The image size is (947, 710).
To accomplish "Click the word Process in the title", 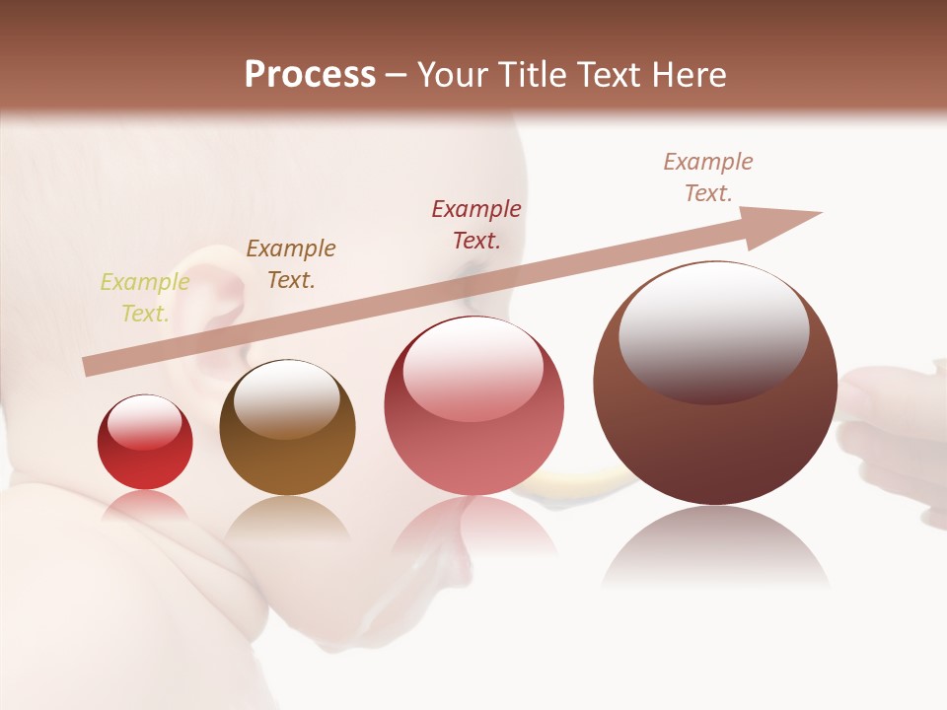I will coord(310,75).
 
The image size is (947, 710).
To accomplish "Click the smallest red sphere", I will coord(145,443).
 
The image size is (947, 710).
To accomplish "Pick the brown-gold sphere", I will coord(287,428).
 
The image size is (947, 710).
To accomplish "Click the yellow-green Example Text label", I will coord(144,298).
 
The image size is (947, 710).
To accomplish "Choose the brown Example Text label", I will coord(291,264).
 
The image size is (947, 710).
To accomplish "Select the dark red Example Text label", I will coord(476,225).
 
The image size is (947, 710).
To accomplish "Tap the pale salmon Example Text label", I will coord(708,177).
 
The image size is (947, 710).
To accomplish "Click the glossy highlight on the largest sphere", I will coord(713,330).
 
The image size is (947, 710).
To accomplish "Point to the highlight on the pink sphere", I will coord(473,367).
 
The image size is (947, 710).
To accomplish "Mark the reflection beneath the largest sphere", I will coord(715,547).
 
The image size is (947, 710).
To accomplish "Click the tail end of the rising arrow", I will coord(91,367).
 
